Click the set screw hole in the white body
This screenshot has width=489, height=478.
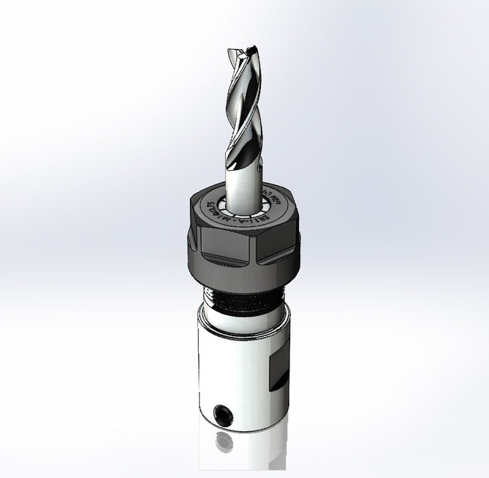pos(222,412)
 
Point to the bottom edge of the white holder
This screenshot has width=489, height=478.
pos(239,427)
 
